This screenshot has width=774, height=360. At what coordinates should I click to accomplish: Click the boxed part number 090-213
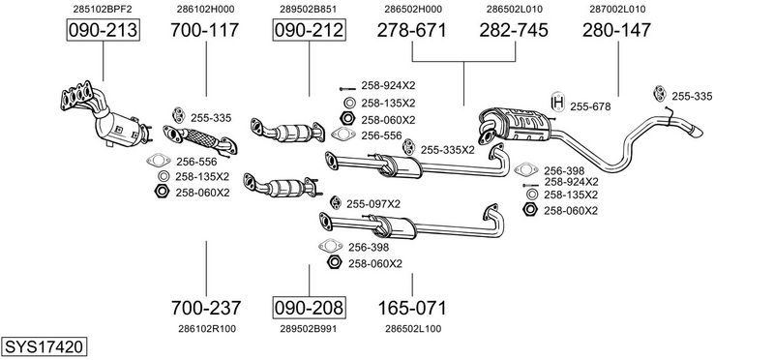tap(104, 30)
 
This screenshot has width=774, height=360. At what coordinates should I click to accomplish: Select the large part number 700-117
tap(205, 30)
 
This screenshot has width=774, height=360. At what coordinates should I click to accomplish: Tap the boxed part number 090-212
tap(309, 30)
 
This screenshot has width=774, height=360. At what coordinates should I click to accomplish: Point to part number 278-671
tap(412, 30)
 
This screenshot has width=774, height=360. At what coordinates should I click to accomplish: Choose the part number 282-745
tap(514, 30)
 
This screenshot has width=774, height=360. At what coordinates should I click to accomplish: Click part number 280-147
tap(616, 30)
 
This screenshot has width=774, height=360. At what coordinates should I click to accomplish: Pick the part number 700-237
tap(206, 308)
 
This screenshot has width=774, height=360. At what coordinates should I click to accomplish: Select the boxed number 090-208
tap(309, 308)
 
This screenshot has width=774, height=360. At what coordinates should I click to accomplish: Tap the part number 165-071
tap(412, 308)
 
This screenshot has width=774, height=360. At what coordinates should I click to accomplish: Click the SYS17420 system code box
tap(44, 346)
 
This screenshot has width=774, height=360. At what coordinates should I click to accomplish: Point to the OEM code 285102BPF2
tap(103, 9)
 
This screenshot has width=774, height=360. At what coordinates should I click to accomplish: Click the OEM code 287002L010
tap(617, 9)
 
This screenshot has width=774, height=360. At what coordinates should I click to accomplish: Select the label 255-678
tap(590, 106)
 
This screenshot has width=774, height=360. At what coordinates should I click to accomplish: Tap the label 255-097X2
tap(373, 204)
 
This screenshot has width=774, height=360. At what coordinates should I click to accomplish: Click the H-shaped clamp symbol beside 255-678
tap(558, 103)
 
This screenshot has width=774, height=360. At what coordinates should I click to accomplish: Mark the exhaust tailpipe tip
tap(696, 132)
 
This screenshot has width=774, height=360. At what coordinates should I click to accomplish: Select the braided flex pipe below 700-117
tap(200, 138)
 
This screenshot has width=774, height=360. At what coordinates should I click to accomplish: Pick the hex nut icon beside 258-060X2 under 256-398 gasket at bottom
tap(334, 262)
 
